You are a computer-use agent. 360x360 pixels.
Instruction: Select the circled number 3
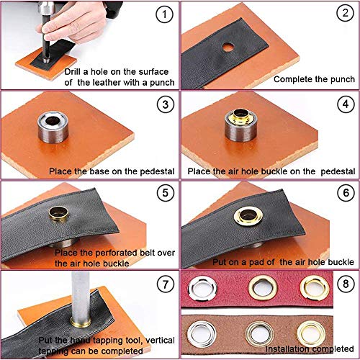166,105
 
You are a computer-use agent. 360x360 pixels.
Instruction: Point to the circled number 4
343,105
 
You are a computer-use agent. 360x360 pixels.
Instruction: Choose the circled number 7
166,284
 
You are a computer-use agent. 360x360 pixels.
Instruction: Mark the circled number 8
343,284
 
